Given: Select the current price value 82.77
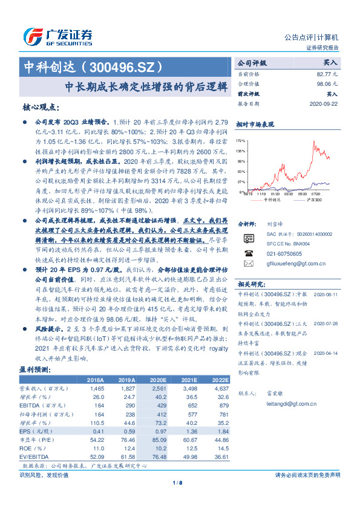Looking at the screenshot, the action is coord(330,73).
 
